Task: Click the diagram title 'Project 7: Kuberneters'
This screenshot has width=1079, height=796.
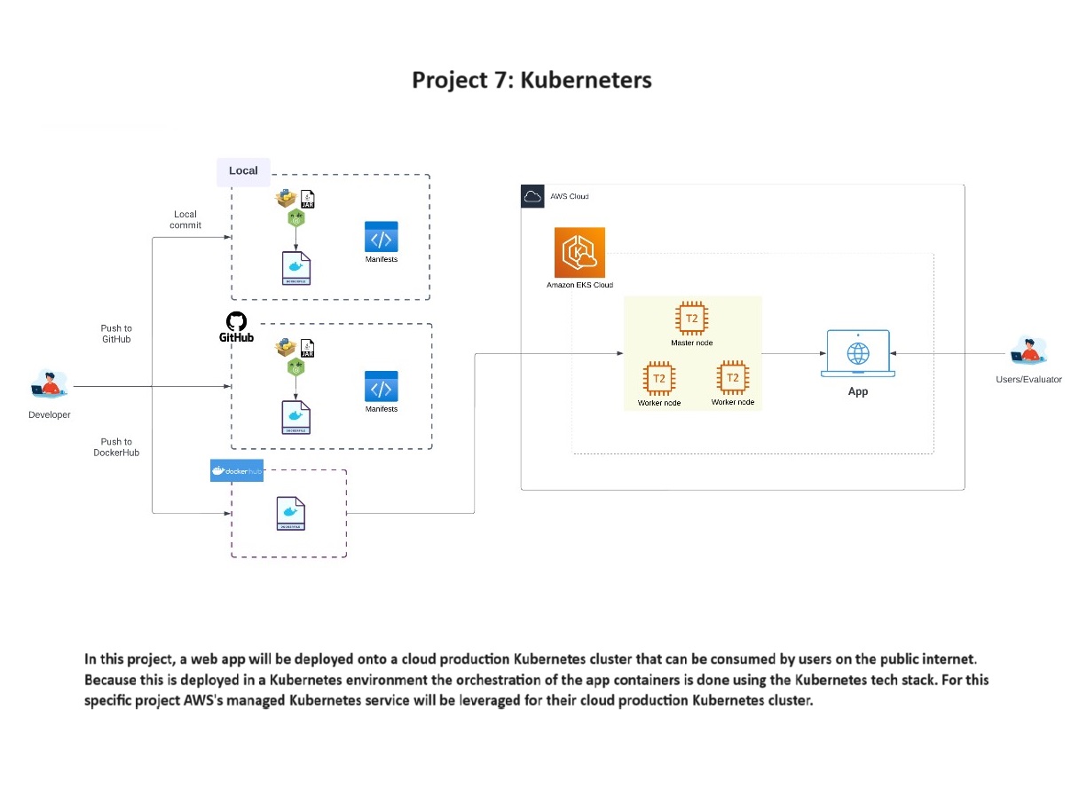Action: pos(532,80)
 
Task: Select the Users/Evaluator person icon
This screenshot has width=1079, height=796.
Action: pos(1028,351)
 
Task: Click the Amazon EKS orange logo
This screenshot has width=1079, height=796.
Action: pos(579,252)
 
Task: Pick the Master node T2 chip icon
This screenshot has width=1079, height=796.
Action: pos(691,319)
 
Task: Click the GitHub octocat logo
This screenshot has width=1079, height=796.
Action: pos(237,321)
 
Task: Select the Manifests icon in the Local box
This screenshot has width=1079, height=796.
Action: pos(381,238)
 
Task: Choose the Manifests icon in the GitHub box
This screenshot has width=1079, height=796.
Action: pos(381,388)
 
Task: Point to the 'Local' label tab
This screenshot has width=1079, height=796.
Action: pos(243,170)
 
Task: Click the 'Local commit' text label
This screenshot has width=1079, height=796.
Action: pos(185,219)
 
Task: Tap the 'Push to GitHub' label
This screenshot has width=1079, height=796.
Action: pos(116,334)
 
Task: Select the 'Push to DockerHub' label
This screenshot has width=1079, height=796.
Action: pos(116,447)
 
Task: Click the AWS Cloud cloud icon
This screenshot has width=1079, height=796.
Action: pos(532,196)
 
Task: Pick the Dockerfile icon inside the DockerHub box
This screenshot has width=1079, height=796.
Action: pos(291,514)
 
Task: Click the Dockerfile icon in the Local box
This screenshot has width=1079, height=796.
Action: pos(296,268)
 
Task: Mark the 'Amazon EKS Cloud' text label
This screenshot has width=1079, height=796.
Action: pos(579,285)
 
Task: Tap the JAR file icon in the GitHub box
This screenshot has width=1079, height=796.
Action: pos(308,348)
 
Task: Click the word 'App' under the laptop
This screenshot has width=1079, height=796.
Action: pos(858,391)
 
